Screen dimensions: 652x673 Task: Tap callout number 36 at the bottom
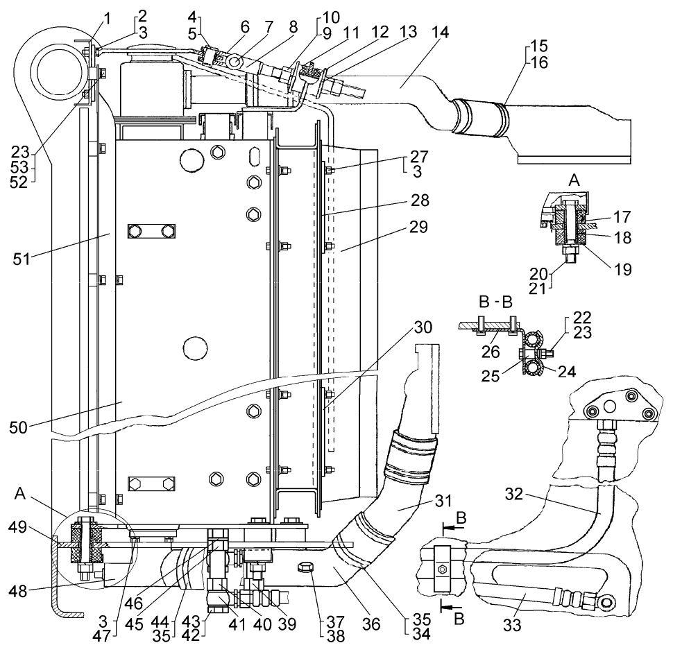[x=372, y=624]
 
